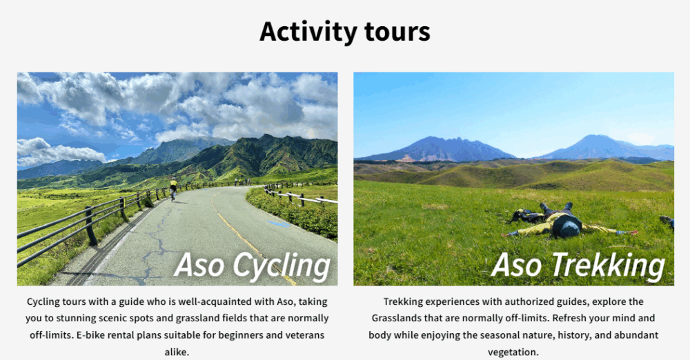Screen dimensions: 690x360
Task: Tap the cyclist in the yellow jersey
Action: (173, 188)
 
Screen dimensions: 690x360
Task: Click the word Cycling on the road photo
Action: (282, 266)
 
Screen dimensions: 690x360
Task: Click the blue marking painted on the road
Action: (279, 223)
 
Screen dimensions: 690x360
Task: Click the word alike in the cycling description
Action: (177, 352)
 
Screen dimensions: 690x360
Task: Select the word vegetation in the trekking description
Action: (513, 352)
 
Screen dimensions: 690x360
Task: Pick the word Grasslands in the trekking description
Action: (397, 318)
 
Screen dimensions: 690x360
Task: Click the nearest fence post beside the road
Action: (91, 226)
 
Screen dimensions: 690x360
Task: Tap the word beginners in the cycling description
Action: (241, 335)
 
